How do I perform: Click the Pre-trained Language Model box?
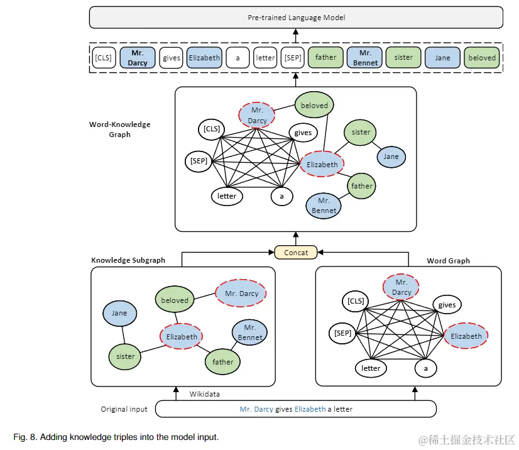click(x=296, y=17)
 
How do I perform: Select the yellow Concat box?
click(x=296, y=253)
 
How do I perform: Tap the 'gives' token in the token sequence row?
click(x=171, y=58)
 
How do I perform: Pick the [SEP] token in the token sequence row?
click(x=293, y=58)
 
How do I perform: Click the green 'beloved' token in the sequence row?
click(x=482, y=58)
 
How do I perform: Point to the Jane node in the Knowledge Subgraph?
click(x=119, y=313)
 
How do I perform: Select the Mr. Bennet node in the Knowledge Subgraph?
click(x=249, y=332)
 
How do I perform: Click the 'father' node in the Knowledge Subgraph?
click(x=222, y=362)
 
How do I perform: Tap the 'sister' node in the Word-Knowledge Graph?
click(x=361, y=133)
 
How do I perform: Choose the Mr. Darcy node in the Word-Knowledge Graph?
click(x=257, y=116)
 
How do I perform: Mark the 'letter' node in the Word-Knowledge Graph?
click(x=227, y=196)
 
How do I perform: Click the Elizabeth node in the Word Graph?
click(x=466, y=336)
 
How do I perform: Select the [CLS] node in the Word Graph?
click(x=356, y=301)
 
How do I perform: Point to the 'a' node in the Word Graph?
click(x=426, y=368)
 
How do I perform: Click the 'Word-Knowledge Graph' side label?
click(x=119, y=129)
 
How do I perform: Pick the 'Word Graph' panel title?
click(x=448, y=261)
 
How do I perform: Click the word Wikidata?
click(x=205, y=394)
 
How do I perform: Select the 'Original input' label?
click(x=124, y=409)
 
